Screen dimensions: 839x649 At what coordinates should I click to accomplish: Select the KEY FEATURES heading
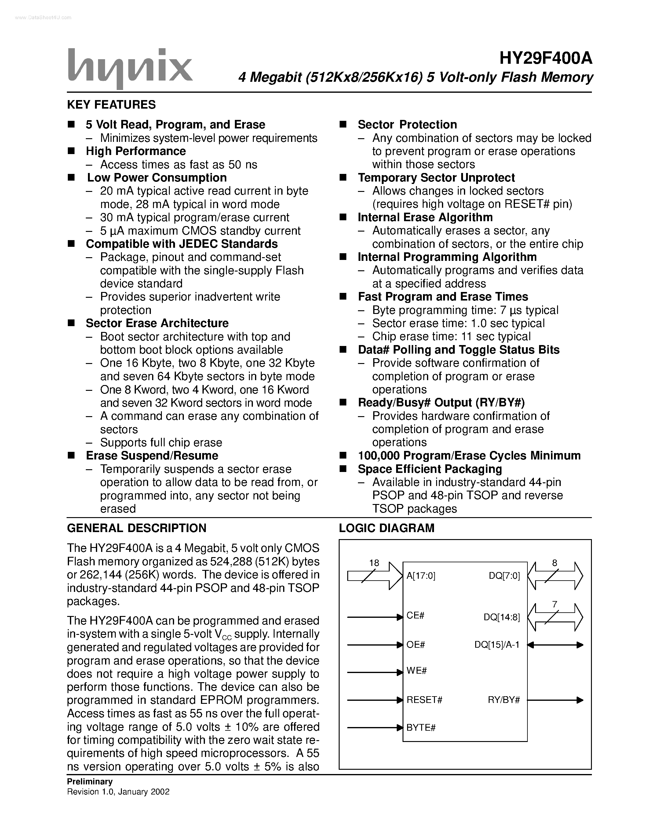tap(111, 104)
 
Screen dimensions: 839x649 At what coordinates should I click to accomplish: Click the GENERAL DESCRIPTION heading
tap(137, 528)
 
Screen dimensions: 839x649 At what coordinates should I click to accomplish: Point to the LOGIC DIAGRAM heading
tap(386, 528)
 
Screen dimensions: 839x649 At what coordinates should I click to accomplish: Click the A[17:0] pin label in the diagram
tap(421, 576)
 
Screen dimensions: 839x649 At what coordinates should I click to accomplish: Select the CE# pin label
tap(415, 615)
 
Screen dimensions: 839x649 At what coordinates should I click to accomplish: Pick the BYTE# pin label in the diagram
tap(421, 727)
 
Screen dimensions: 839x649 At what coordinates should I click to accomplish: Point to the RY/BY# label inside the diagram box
tap(504, 700)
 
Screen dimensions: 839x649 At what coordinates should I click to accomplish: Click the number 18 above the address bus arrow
tap(374, 563)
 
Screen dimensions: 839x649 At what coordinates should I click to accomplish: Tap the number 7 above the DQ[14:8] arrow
tap(554, 604)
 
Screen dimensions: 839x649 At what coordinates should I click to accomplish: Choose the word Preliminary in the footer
tap(89, 781)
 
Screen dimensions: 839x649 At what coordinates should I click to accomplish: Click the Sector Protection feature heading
tap(407, 124)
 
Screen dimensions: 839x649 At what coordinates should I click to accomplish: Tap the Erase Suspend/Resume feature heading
tap(152, 456)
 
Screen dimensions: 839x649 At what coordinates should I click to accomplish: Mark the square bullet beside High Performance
tap(71, 151)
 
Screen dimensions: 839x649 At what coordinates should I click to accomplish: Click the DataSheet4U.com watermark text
tap(39, 17)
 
